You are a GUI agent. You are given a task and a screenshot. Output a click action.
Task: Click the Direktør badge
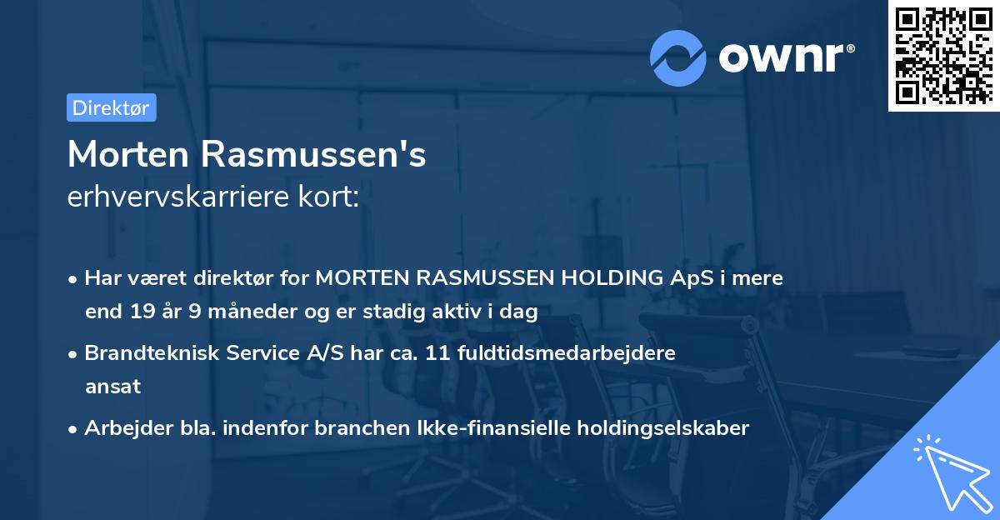click(111, 107)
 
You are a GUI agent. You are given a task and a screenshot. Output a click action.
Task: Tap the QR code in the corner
click(942, 55)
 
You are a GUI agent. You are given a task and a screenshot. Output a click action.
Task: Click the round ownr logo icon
click(678, 57)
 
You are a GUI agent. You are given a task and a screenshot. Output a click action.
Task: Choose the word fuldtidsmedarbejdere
click(567, 352)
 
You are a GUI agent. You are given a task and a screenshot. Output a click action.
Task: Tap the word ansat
click(112, 387)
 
